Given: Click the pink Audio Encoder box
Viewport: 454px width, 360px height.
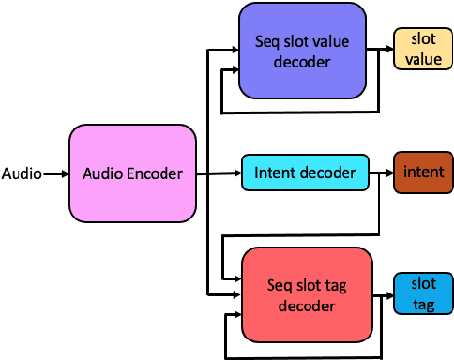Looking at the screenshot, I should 132,173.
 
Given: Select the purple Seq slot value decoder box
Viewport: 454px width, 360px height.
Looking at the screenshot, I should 302,51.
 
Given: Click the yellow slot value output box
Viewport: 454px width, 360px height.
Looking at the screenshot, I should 421,48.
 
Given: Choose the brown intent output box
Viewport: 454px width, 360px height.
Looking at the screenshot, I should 423,172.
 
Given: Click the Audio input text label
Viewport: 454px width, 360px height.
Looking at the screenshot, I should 21,173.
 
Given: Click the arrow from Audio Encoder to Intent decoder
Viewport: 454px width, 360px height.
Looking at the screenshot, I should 219,172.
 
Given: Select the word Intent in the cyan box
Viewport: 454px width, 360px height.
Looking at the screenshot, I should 274,172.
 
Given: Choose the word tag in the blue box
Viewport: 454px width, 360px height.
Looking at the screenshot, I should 423,304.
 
